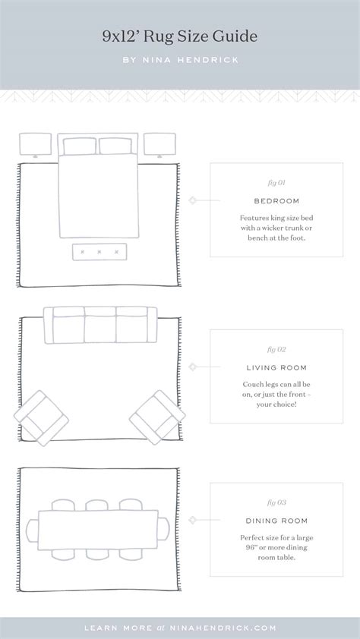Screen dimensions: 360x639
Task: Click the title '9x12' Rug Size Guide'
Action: click(x=180, y=36)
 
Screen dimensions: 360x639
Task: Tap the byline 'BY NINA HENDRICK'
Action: click(x=181, y=60)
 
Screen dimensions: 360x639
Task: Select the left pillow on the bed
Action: click(x=80, y=146)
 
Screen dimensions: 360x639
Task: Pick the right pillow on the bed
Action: click(x=115, y=146)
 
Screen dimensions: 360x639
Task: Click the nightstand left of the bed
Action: click(x=36, y=144)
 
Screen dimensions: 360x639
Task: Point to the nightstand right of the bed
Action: click(x=159, y=144)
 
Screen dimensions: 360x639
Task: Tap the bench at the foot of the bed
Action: click(x=99, y=252)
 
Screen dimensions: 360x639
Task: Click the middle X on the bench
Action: click(x=99, y=252)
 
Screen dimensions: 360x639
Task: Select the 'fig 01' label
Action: click(x=276, y=183)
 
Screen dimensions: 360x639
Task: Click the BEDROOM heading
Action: click(x=276, y=201)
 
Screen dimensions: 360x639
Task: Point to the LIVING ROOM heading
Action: click(x=276, y=367)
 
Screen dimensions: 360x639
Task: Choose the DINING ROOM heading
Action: click(x=276, y=521)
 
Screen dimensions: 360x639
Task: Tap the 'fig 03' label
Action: click(x=276, y=502)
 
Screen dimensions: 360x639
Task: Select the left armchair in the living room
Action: click(x=41, y=418)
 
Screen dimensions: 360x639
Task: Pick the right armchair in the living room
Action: click(x=157, y=417)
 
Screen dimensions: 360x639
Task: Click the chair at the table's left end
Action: click(x=32, y=530)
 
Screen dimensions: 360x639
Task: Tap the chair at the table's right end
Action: click(x=163, y=529)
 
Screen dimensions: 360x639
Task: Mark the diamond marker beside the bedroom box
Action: click(x=192, y=200)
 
